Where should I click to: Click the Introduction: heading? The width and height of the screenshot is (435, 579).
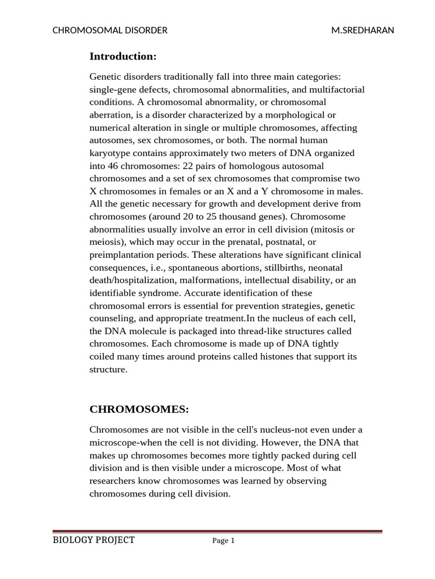123,57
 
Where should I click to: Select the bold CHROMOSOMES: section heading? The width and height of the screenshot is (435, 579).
139,409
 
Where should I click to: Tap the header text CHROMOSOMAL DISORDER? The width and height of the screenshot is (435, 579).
110,31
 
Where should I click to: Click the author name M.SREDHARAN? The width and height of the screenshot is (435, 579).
362,31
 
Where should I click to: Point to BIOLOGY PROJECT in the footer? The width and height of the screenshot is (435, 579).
93,540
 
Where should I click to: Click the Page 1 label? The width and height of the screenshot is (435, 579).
223,541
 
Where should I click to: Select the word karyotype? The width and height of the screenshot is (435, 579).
111,153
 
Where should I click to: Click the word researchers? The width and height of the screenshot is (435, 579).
114,481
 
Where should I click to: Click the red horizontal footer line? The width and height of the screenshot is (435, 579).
217,532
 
